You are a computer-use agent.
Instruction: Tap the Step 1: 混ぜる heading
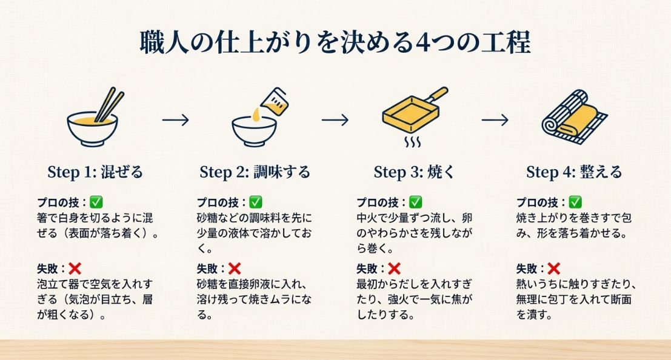(x=95, y=172)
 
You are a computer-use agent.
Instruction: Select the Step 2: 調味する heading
(x=255, y=172)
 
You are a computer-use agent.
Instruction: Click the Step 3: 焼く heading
(x=414, y=172)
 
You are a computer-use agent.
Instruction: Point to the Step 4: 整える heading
(x=573, y=172)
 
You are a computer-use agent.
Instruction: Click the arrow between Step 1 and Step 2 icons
(x=175, y=120)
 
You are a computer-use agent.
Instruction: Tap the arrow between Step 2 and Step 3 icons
(x=335, y=120)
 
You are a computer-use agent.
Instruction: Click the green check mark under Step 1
(x=96, y=202)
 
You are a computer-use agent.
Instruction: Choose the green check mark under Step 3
(x=415, y=202)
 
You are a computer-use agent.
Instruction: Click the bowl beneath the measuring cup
(x=255, y=130)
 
